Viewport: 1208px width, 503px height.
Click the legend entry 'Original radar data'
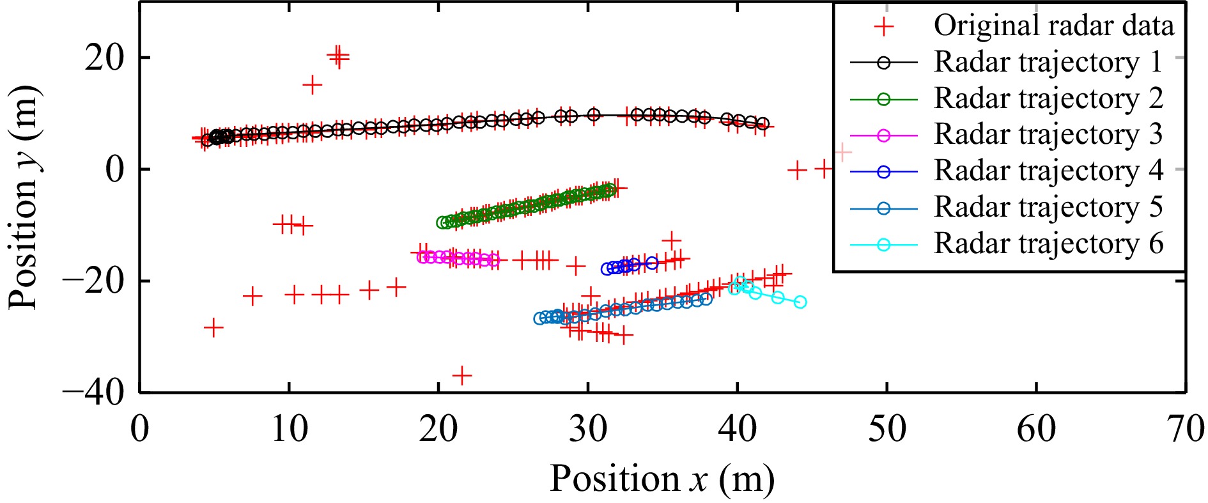1053,26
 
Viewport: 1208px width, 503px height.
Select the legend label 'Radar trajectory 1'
1048,62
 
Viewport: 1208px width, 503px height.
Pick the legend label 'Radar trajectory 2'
1048,98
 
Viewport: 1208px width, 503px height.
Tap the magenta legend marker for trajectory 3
883,135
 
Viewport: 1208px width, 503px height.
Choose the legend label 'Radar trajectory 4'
1048,171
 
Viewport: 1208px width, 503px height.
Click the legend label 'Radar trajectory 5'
1048,208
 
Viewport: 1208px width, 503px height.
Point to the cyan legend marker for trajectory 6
883,244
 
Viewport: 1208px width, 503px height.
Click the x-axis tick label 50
887,429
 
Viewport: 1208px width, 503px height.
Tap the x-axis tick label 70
1185,429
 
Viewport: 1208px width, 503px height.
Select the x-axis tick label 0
140,429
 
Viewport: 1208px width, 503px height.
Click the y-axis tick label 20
105,58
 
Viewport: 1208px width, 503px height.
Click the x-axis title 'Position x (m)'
662,479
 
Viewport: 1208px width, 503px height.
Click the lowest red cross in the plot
461,376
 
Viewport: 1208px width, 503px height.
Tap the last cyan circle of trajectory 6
800,302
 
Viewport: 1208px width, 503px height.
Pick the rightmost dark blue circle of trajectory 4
652,263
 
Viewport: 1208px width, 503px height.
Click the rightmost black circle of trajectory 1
763,124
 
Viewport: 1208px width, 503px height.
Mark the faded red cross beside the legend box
843,153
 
